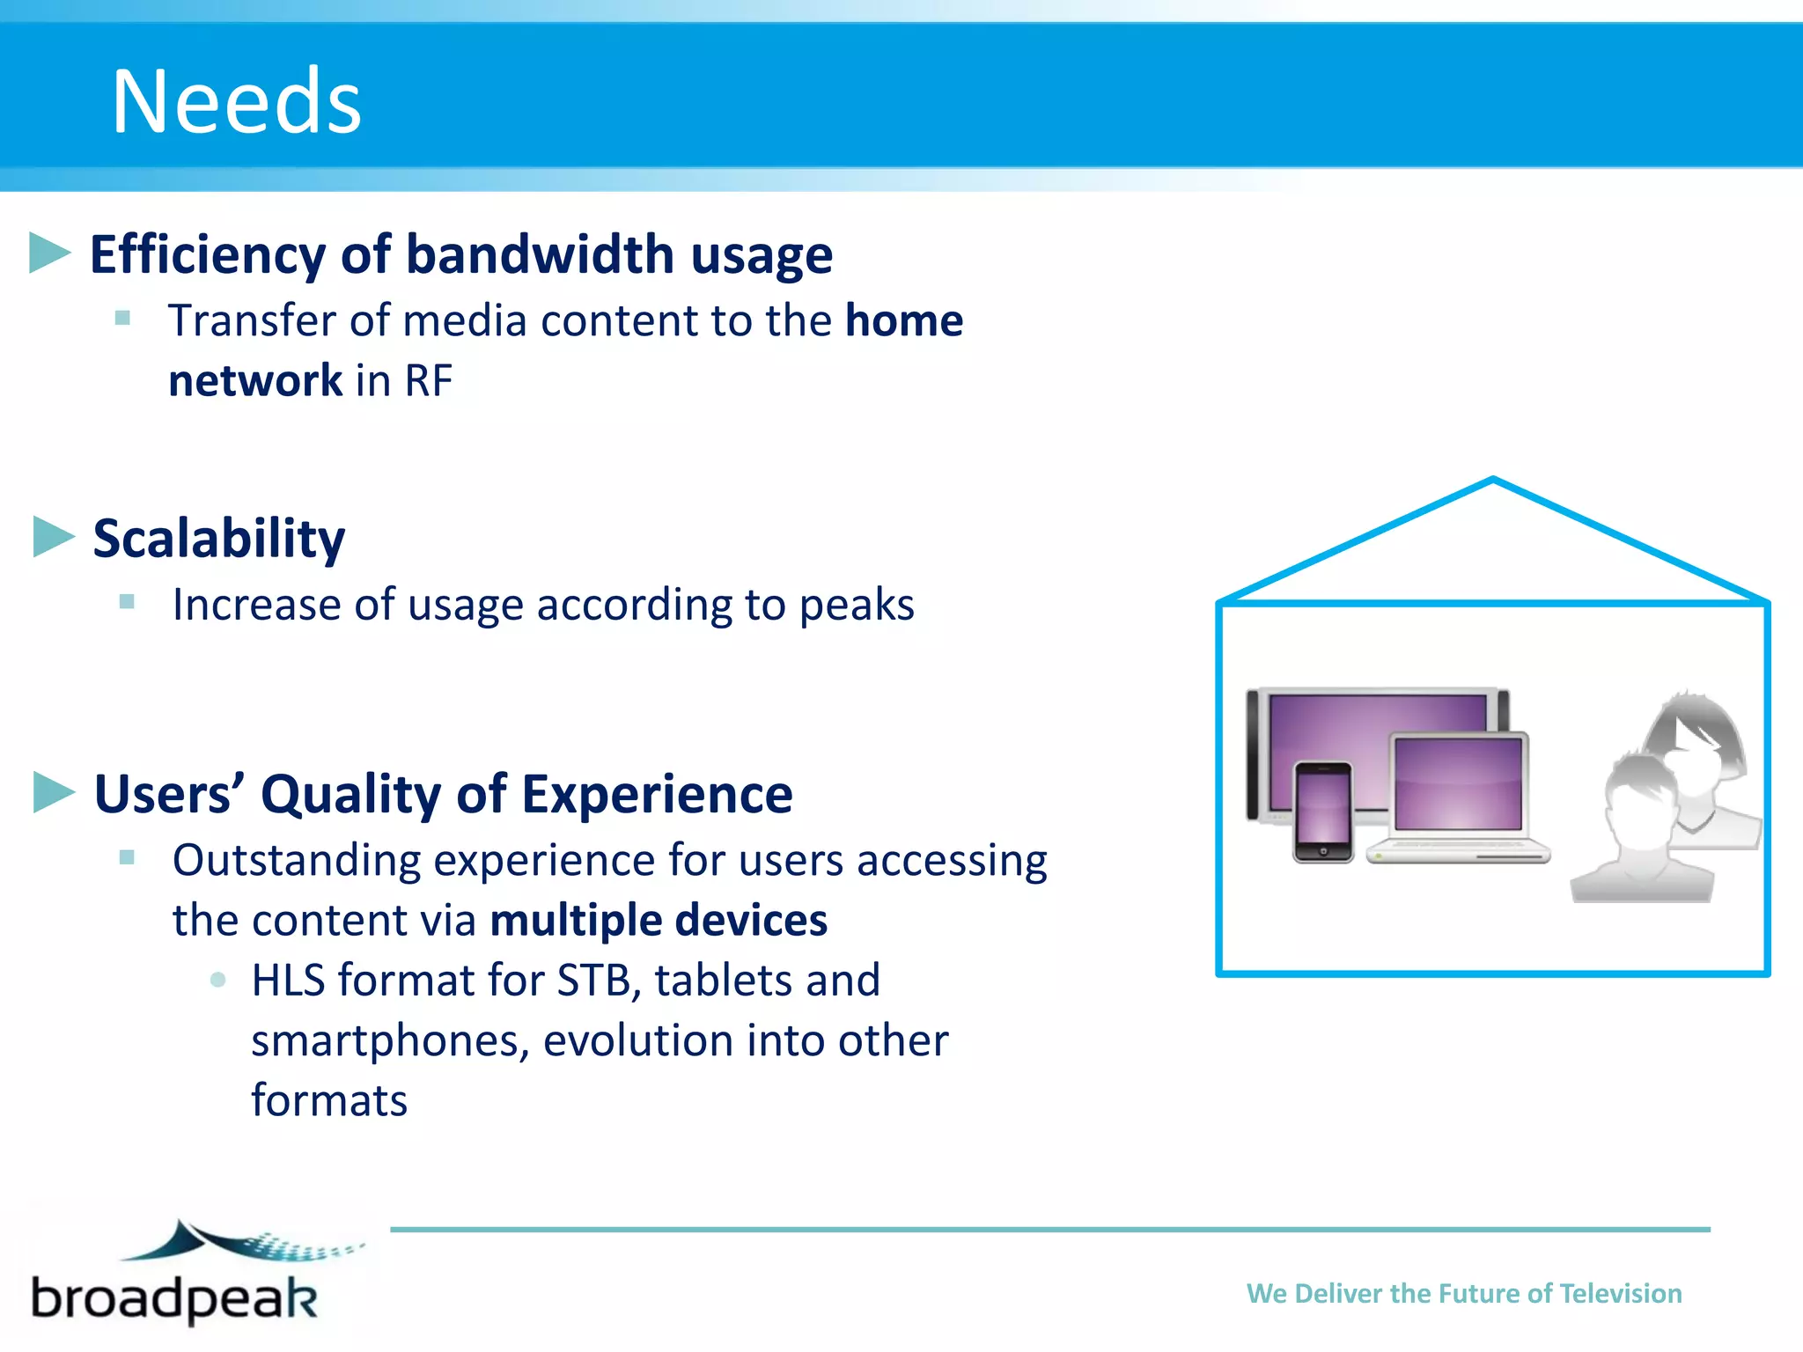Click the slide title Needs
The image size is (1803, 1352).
(x=236, y=102)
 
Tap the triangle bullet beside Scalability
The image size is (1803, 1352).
(x=53, y=537)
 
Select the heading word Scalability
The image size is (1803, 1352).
(x=219, y=539)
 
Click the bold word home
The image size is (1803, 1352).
(x=903, y=320)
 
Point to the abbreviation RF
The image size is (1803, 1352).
(x=428, y=381)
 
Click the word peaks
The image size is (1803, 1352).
(x=857, y=606)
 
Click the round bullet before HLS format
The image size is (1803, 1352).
(x=218, y=980)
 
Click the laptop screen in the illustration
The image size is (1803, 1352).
(x=1458, y=783)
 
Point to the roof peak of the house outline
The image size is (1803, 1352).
(x=1493, y=482)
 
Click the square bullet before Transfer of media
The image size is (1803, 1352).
(x=122, y=318)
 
